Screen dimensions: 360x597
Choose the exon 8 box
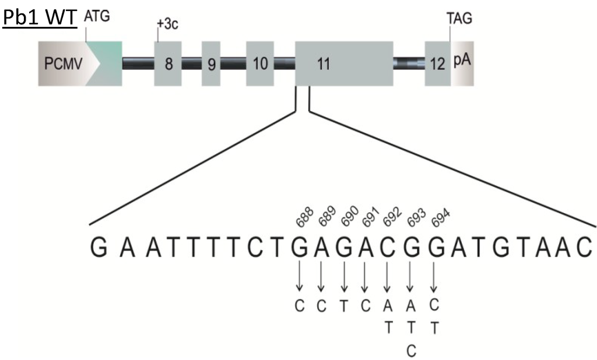click(x=168, y=63)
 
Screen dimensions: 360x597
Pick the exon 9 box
click(x=211, y=63)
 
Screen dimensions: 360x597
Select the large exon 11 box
click(x=343, y=63)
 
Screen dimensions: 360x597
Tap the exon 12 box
click(x=437, y=63)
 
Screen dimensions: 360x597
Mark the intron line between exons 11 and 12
click(x=408, y=63)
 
